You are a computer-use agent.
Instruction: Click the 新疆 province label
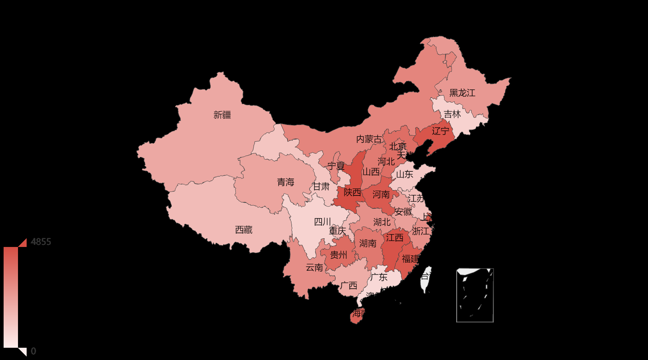[x=222, y=115]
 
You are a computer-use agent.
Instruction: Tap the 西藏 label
[x=244, y=230]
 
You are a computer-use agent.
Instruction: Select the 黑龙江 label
[x=462, y=93]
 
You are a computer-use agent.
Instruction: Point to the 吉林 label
[x=452, y=114]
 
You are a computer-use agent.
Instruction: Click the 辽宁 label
[x=440, y=131]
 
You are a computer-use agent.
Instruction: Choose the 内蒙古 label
[x=369, y=139]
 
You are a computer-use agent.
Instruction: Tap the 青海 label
[x=285, y=182]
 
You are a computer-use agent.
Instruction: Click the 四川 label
[x=323, y=222]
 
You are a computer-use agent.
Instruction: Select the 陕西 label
[x=352, y=192]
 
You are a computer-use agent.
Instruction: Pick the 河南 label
[x=381, y=194]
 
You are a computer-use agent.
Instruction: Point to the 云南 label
[x=314, y=267]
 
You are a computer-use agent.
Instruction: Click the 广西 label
[x=348, y=286]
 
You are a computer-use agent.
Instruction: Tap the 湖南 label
[x=368, y=243]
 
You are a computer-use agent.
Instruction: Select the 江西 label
[x=395, y=238]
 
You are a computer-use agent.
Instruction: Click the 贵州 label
[x=338, y=255]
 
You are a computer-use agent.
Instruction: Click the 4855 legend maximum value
[x=41, y=242]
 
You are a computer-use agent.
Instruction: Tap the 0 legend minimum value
[x=33, y=351]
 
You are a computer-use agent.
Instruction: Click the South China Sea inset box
[x=475, y=295]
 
